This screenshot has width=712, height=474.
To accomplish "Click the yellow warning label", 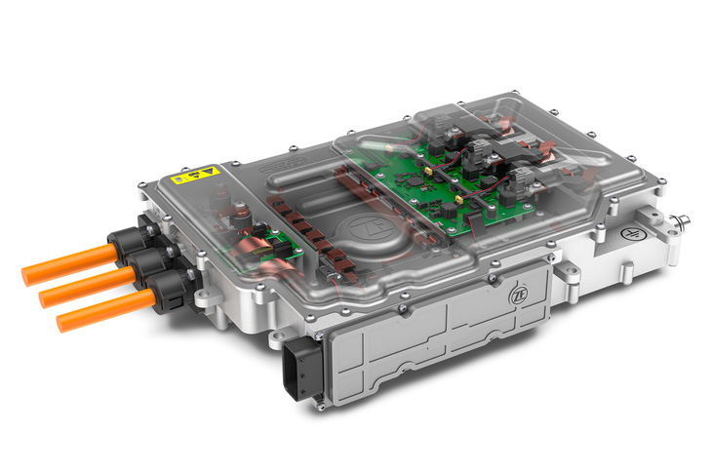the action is click(x=196, y=175).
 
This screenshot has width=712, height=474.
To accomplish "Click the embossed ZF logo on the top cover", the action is click(x=370, y=228).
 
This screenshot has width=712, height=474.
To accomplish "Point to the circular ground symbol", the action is click(x=630, y=234).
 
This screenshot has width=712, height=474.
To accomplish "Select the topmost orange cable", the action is click(x=69, y=264).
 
